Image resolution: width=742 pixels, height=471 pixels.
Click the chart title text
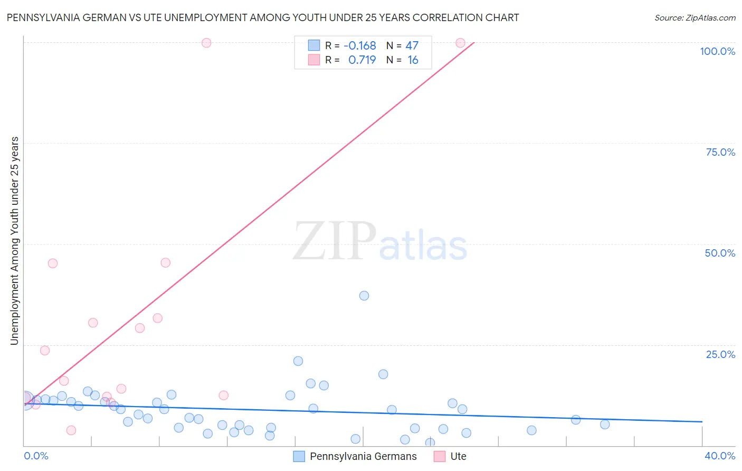(263, 17)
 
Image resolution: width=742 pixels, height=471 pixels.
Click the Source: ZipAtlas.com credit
(695, 17)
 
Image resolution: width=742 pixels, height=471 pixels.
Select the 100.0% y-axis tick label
(717, 51)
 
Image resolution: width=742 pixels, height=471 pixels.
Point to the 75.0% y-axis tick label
(720, 152)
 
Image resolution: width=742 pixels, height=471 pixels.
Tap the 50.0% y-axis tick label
(720, 253)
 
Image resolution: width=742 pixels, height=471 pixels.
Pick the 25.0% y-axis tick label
(720, 354)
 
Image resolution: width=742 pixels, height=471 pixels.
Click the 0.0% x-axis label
(36, 456)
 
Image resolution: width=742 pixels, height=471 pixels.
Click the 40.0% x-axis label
(720, 456)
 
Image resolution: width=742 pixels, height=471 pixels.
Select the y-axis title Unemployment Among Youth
(14, 241)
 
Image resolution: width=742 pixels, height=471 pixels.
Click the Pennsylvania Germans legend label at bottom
(363, 457)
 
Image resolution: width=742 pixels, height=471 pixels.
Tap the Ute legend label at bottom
(458, 457)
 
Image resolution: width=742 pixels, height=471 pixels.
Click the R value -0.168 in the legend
(359, 45)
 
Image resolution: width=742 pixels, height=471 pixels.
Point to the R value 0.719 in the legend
(362, 60)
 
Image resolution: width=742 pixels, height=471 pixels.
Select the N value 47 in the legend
(412, 45)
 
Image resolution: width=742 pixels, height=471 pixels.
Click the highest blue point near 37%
(364, 296)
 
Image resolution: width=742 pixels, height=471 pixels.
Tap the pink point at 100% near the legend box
(206, 43)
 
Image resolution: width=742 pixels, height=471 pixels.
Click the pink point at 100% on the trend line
(460, 43)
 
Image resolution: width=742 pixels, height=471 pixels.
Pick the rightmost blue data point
(605, 425)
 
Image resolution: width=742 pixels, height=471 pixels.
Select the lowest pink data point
(71, 430)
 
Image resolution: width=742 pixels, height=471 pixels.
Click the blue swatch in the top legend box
(314, 45)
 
